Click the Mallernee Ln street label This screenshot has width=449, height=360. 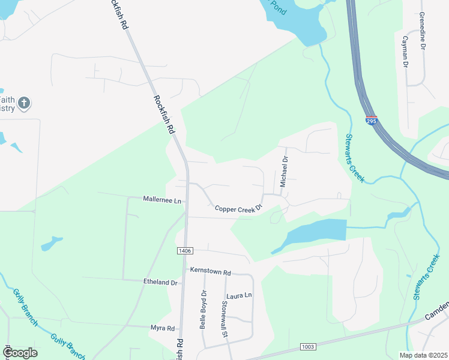[x=162, y=199]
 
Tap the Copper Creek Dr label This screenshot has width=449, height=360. [x=239, y=208]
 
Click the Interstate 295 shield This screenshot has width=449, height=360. [x=372, y=121]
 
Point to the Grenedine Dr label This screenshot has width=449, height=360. [x=423, y=29]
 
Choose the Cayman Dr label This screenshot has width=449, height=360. [x=405, y=55]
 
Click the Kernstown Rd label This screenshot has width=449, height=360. [x=210, y=272]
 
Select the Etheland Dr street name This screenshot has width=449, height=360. [x=160, y=282]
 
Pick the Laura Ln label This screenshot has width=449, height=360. [x=239, y=296]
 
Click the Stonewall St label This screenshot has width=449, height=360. [x=224, y=318]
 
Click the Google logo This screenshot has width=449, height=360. [x=19, y=353]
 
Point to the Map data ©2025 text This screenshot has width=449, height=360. [x=423, y=355]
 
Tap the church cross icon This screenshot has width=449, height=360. [x=23, y=103]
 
